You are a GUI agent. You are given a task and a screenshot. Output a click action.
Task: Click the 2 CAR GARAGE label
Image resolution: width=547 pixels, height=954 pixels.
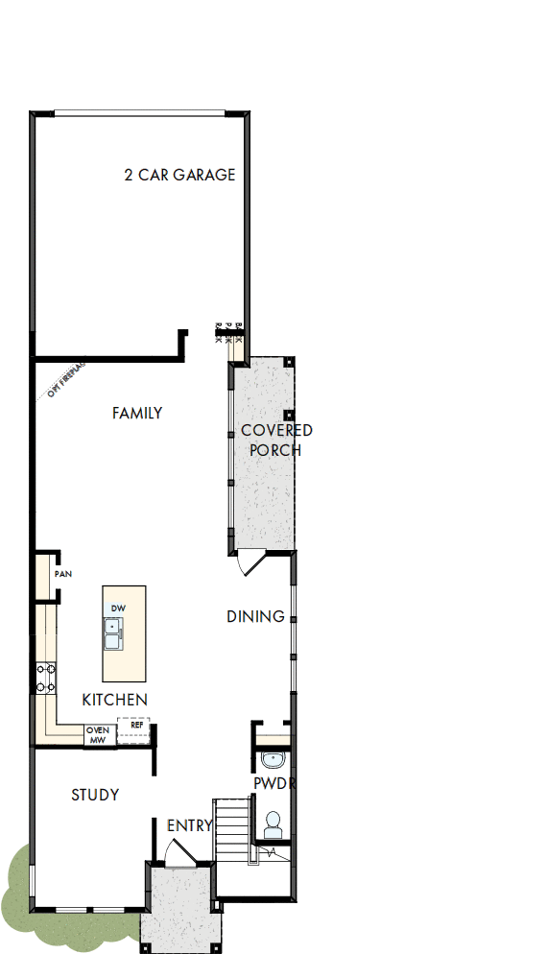click(x=179, y=175)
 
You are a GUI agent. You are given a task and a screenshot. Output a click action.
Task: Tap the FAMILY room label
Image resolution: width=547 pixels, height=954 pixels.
click(x=137, y=414)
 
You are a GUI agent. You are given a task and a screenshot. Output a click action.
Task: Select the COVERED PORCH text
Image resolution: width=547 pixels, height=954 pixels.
click(x=275, y=440)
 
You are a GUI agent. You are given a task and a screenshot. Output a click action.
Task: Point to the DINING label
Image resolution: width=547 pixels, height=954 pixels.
click(x=255, y=616)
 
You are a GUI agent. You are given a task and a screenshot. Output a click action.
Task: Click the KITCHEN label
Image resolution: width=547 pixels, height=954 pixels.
click(x=114, y=700)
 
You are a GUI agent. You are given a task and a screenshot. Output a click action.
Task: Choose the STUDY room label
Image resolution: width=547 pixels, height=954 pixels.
click(x=95, y=795)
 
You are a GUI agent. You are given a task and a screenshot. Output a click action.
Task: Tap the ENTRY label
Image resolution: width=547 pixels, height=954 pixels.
click(x=189, y=825)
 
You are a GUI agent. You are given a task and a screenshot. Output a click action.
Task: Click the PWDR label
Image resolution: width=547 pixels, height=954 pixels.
click(x=274, y=783)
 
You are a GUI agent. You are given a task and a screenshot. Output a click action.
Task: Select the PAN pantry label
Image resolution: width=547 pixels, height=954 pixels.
click(x=63, y=574)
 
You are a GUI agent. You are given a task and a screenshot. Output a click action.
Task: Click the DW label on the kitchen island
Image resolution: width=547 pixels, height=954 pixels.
click(x=118, y=608)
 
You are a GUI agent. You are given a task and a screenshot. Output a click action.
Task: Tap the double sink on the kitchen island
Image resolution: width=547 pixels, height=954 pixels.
click(x=113, y=634)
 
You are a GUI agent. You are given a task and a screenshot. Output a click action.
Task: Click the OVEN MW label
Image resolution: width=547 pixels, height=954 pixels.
click(x=97, y=735)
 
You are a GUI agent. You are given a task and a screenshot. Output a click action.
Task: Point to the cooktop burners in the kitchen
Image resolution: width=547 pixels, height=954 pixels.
click(x=45, y=678)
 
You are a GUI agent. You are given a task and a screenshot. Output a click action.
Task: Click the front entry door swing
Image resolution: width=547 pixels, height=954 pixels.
click(x=176, y=851)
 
